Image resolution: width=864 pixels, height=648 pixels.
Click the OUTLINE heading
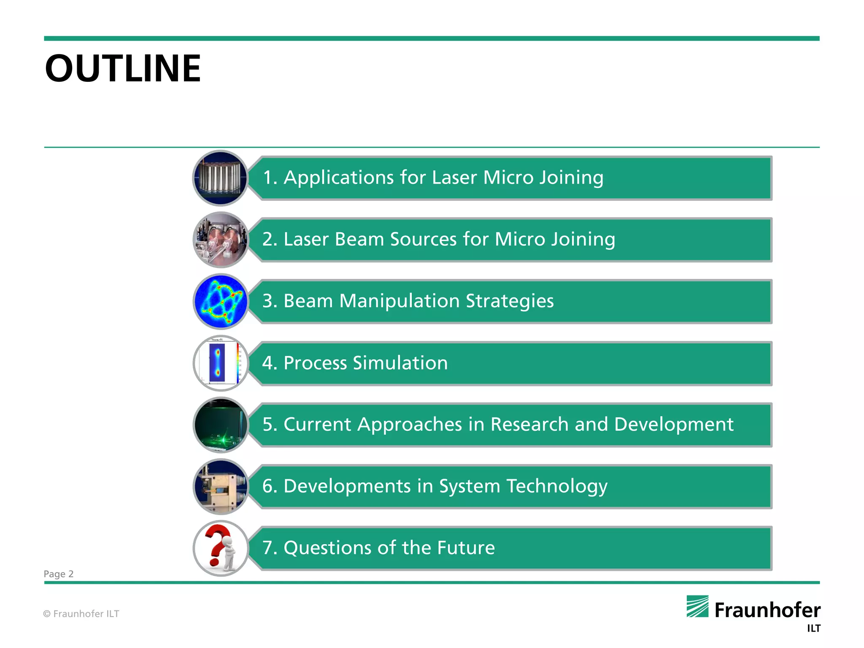tap(123, 68)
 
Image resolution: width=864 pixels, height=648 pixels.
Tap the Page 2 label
tap(59, 574)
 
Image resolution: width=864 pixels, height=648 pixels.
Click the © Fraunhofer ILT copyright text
tap(81, 614)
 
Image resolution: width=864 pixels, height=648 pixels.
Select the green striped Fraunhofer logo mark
tap(697, 606)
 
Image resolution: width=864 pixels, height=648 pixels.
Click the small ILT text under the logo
tap(813, 629)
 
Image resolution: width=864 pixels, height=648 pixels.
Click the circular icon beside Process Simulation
tap(221, 363)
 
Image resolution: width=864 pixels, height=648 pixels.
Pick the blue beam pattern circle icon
tap(221, 301)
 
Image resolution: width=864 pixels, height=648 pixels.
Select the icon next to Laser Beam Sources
tap(221, 240)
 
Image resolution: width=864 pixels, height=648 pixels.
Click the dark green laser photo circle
tap(221, 424)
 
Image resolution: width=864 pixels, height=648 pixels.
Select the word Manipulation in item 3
tap(399, 301)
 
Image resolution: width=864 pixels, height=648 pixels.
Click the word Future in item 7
tap(466, 548)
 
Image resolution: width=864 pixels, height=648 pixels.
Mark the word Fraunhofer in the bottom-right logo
tap(767, 610)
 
